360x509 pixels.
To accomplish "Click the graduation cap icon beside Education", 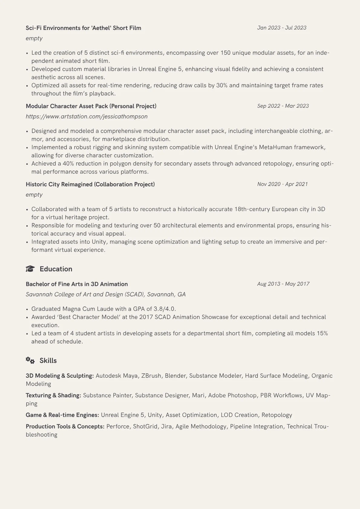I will tap(30, 269).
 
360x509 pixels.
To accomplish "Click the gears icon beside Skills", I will tap(30, 360).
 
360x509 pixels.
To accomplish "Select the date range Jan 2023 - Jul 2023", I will tap(282, 28).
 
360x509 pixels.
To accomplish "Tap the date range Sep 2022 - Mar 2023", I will tap(283, 106).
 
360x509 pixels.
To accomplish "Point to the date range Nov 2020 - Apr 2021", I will tap(282, 184).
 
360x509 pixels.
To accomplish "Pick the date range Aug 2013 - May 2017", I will tap(283, 284).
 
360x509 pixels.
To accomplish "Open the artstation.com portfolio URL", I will tap(87, 116).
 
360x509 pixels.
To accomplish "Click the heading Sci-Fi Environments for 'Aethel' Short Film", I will tap(83, 28).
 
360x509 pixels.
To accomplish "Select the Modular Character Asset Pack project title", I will tap(91, 106).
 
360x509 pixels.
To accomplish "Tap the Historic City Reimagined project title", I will tap(90, 184).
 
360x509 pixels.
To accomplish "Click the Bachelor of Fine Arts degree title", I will tap(77, 284).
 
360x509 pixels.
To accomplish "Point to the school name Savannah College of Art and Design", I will tap(106, 294).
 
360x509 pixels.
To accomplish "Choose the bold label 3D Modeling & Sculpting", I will tap(60, 376).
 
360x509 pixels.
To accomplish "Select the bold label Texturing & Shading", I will tap(53, 395).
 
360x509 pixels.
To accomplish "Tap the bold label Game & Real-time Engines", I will tap(62, 415).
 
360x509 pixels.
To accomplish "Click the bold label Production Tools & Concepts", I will tap(65, 426).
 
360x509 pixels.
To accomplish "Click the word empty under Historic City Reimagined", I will tap(34, 195).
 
